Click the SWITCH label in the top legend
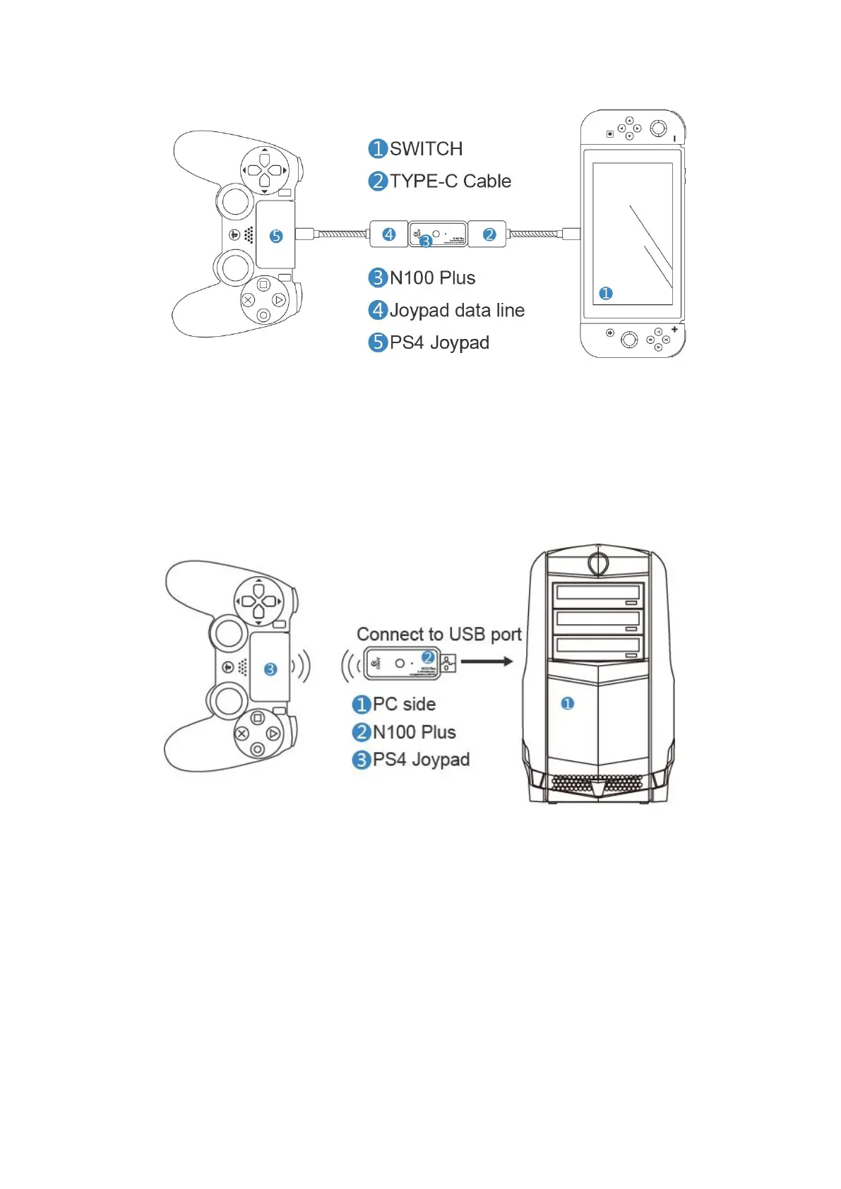pyautogui.click(x=426, y=149)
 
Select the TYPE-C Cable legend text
pyautogui.click(x=450, y=181)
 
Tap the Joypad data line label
pyautogui.click(x=456, y=311)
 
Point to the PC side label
pyautogui.click(x=403, y=704)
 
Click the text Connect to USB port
pyautogui.click(x=439, y=634)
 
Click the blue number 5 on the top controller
pyautogui.click(x=276, y=237)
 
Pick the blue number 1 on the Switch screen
pyautogui.click(x=606, y=293)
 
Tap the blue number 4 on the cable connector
pyautogui.click(x=389, y=234)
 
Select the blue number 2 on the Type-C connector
pyautogui.click(x=489, y=234)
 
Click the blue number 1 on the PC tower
pyautogui.click(x=567, y=703)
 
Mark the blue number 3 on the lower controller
pyautogui.click(x=270, y=669)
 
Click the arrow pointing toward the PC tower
pyautogui.click(x=487, y=662)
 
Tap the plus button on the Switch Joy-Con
pyautogui.click(x=674, y=329)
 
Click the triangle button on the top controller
pyautogui.click(x=279, y=300)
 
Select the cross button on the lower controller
pyautogui.click(x=241, y=734)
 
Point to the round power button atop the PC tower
pyautogui.click(x=598, y=563)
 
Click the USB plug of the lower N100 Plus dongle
pyautogui.click(x=448, y=663)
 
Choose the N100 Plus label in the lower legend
pyautogui.click(x=414, y=732)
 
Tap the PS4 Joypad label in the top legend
pyautogui.click(x=439, y=343)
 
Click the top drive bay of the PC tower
pyautogui.click(x=597, y=594)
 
